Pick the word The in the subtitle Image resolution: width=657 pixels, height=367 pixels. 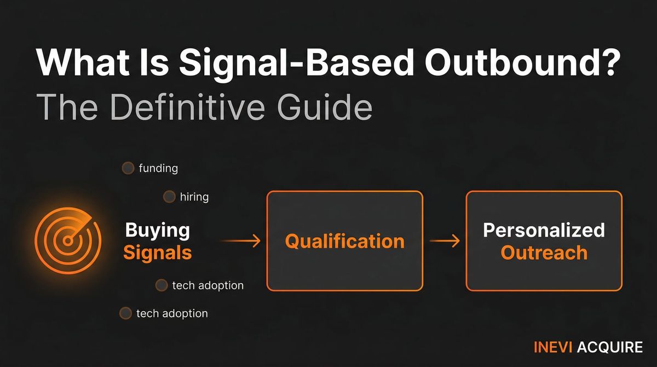click(66, 108)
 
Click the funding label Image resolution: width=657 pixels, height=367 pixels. click(158, 168)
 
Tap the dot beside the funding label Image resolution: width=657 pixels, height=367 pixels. click(128, 168)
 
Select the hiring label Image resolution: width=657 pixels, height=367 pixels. click(194, 197)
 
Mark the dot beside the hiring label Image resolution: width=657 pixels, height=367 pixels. click(169, 197)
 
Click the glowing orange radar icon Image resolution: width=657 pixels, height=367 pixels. click(67, 240)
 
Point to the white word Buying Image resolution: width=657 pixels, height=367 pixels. click(158, 230)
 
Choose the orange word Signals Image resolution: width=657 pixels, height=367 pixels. click(158, 253)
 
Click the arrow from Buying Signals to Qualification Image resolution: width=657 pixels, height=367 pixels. click(240, 241)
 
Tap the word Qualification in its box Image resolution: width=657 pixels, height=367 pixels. click(344, 241)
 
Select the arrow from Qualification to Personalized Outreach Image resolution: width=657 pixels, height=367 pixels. click(445, 241)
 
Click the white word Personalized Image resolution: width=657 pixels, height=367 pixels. click(544, 230)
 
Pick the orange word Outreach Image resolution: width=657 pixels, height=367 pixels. click(544, 253)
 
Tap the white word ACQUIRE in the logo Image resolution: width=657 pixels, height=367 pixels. click(610, 347)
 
